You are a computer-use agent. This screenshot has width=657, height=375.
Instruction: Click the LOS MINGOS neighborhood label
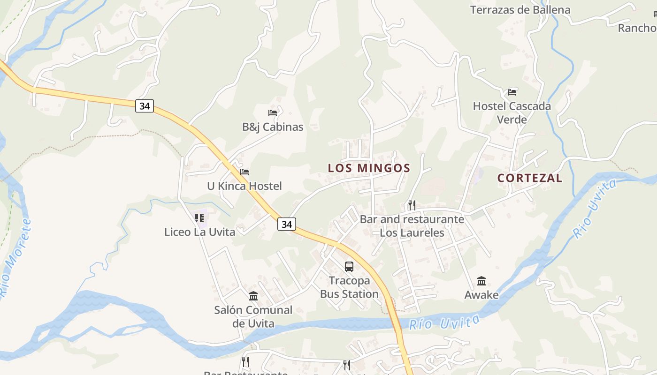point(369,168)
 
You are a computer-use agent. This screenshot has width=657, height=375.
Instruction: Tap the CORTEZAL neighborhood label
point(529,178)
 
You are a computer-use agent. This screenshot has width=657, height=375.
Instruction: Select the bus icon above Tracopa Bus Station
point(349,267)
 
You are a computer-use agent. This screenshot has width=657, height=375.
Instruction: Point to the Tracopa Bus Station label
point(349,287)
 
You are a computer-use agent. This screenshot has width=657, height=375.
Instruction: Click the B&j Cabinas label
point(273,127)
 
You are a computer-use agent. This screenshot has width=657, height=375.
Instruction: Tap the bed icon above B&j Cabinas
point(273,112)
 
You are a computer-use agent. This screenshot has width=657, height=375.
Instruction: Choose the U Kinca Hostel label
point(244,186)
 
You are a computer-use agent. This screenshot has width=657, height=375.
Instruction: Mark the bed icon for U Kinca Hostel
point(244,172)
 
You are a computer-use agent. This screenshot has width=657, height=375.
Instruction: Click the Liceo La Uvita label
point(199,232)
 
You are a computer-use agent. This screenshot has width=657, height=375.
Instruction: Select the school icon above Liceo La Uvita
point(199,218)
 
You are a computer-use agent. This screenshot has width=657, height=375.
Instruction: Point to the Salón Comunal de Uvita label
point(253,316)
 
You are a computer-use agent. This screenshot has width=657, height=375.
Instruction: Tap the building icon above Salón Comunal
point(253,296)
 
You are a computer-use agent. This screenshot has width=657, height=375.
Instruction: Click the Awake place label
point(481,295)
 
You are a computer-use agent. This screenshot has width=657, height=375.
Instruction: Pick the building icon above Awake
point(481,281)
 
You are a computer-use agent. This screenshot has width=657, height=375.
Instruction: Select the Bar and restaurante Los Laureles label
point(412,226)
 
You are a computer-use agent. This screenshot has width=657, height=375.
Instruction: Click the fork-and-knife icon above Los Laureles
point(412,205)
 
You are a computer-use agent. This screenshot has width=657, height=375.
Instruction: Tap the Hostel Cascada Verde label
point(512,112)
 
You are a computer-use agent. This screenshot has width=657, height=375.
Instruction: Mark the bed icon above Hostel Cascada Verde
point(512,92)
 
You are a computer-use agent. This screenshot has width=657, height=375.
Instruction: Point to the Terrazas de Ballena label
point(520,10)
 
